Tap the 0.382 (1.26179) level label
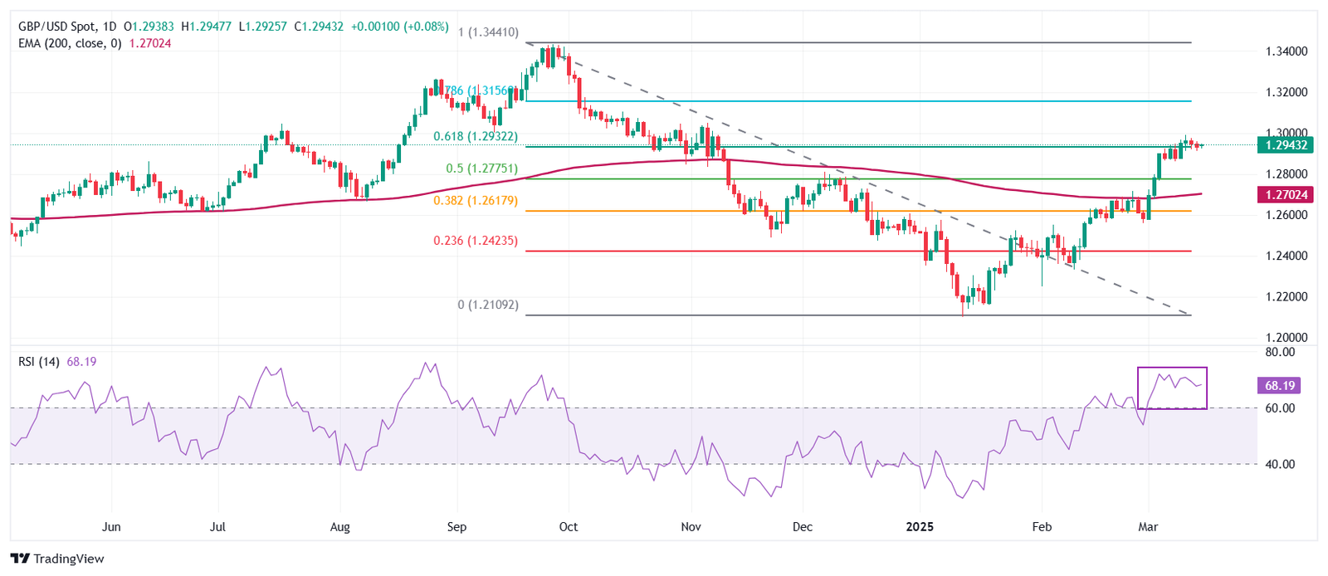pyautogui.click(x=476, y=201)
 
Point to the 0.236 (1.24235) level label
pyautogui.click(x=476, y=241)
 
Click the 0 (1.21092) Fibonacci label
pyautogui.click(x=488, y=305)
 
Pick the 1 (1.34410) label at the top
pyautogui.click(x=488, y=32)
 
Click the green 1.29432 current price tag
pyautogui.click(x=1286, y=145)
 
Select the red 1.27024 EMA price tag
pyautogui.click(x=1286, y=195)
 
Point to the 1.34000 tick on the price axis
pyautogui.click(x=1286, y=51)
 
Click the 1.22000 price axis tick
pyautogui.click(x=1286, y=296)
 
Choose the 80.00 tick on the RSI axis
pyautogui.click(x=1280, y=352)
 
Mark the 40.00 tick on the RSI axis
pyautogui.click(x=1280, y=464)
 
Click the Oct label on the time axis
pyautogui.click(x=569, y=527)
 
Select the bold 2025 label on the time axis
pyautogui.click(x=920, y=527)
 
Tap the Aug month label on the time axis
pyautogui.click(x=340, y=527)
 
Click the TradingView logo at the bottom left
pyautogui.click(x=57, y=559)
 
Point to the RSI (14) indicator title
pyautogui.click(x=39, y=362)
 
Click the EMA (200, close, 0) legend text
pyautogui.click(x=70, y=43)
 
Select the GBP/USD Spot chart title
pyautogui.click(x=57, y=27)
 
